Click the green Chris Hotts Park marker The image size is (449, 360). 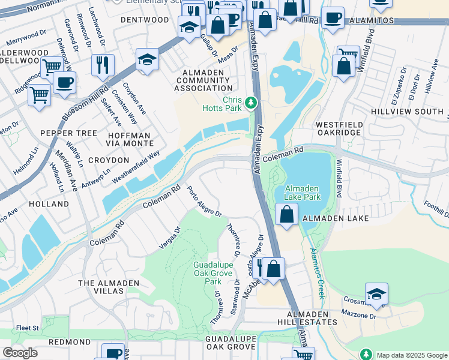tap(251, 104)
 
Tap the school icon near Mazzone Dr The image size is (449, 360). tap(376, 293)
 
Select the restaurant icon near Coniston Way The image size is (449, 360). tap(103, 64)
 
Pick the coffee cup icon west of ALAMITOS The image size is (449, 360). tap(333, 18)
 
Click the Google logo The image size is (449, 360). tap(19, 353)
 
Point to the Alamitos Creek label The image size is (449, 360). tap(316, 273)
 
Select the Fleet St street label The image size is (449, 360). tap(27, 328)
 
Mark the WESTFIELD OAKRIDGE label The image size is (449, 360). tap(339, 128)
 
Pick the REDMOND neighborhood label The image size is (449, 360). tap(70, 341)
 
